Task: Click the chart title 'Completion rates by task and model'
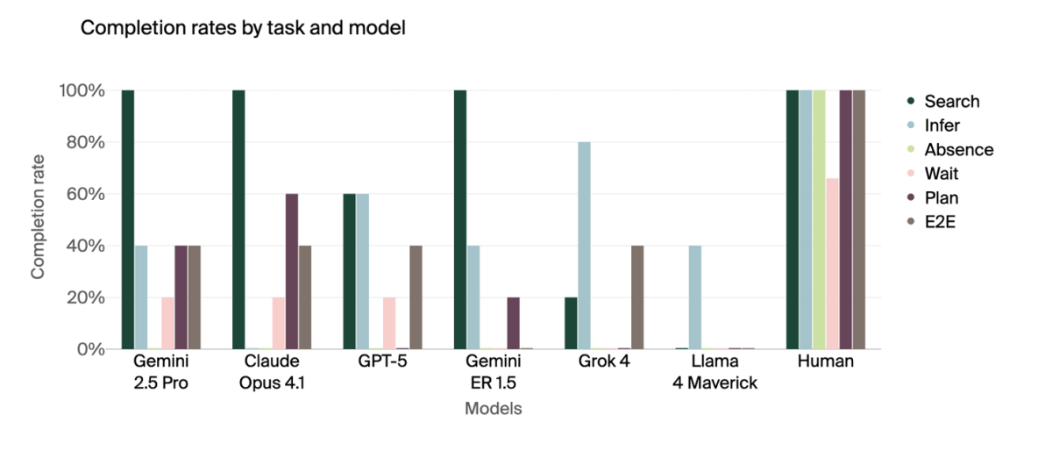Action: click(x=243, y=28)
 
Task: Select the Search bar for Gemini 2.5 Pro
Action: click(x=128, y=219)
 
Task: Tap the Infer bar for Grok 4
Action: click(x=584, y=246)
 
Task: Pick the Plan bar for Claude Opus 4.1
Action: click(x=292, y=271)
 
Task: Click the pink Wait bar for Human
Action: click(x=833, y=263)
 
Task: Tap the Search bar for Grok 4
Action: click(x=571, y=323)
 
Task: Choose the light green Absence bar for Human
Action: click(x=820, y=219)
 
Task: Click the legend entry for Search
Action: click(x=951, y=102)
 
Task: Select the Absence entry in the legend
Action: click(x=959, y=149)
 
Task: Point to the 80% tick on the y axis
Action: click(x=82, y=142)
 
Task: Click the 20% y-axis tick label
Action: click(x=82, y=297)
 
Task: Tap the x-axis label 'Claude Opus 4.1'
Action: click(x=272, y=372)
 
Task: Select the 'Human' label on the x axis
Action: click(x=826, y=362)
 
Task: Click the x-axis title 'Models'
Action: click(x=494, y=409)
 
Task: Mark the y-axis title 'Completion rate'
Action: click(x=38, y=219)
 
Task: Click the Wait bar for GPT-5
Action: click(x=389, y=323)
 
